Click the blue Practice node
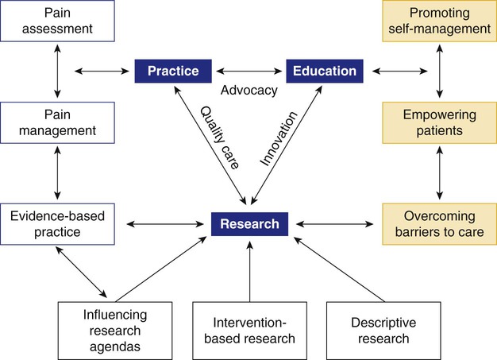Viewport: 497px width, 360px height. pos(177,71)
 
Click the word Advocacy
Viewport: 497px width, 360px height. pos(249,90)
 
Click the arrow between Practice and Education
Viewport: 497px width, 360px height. pos(250,71)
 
